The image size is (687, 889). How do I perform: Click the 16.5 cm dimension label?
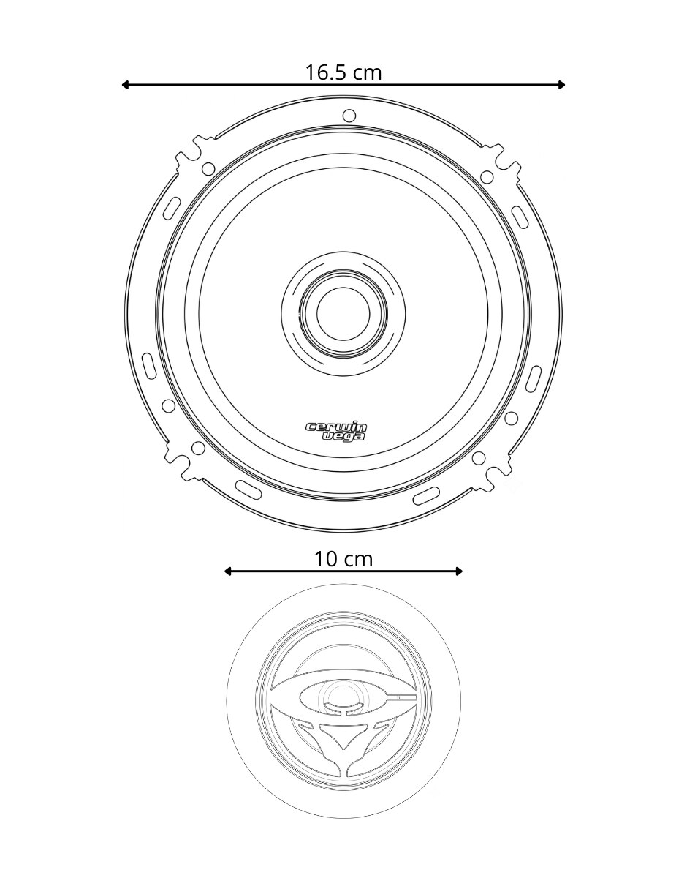pyautogui.click(x=343, y=73)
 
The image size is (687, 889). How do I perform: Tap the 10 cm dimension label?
pyautogui.click(x=343, y=559)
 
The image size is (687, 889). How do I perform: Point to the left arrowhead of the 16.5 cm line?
pyautogui.click(x=126, y=85)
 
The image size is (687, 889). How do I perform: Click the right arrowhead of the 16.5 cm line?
pyautogui.click(x=561, y=85)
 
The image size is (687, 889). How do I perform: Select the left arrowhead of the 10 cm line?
pyautogui.click(x=228, y=571)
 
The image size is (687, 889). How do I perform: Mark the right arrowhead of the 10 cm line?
pyautogui.click(x=458, y=571)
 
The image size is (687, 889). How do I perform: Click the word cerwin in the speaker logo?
pyautogui.click(x=336, y=427)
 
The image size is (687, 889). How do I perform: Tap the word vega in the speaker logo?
pyautogui.click(x=343, y=437)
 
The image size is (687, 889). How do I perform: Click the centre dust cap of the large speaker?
pyautogui.click(x=343, y=314)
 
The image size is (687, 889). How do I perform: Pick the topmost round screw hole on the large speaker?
pyautogui.click(x=349, y=116)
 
